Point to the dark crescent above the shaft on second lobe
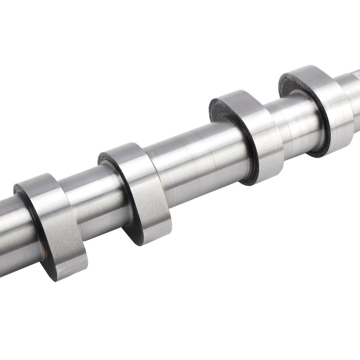107,158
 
